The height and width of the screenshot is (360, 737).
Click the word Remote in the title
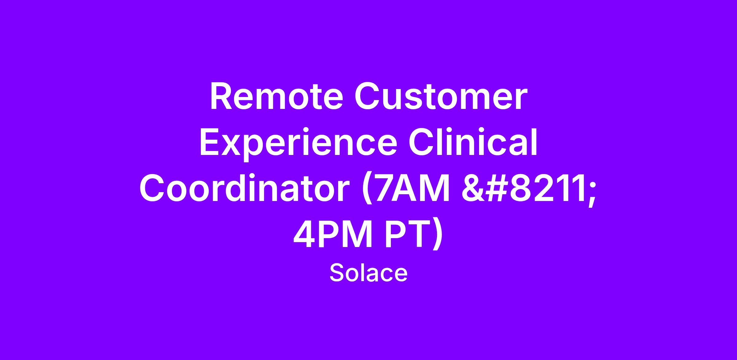click(277, 97)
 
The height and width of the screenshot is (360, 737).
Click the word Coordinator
click(244, 189)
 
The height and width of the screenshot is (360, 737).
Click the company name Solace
click(368, 273)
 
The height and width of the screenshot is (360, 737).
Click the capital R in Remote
click(221, 97)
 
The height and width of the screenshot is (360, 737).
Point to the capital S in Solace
click(337, 273)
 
